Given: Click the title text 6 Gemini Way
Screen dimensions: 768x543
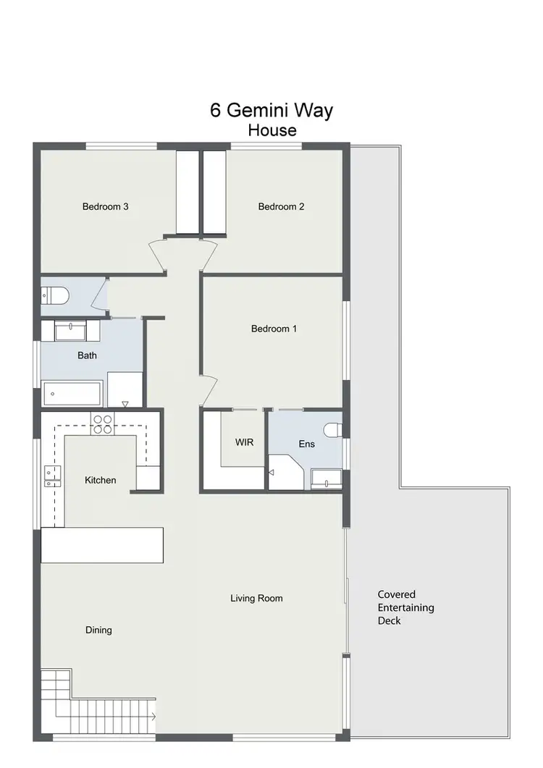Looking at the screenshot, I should (271, 110).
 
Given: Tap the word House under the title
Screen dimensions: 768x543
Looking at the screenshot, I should (272, 130).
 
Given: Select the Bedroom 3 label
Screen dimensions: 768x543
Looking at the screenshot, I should (106, 206).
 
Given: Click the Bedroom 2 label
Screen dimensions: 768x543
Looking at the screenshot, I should (281, 206).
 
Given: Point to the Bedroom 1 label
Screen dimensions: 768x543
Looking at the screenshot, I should (274, 329).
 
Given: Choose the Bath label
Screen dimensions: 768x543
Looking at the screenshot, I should (87, 355).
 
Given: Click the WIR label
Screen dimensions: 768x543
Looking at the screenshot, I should (244, 442).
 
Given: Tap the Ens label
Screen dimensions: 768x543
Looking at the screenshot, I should (306, 444).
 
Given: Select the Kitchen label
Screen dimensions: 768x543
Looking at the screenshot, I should (100, 480).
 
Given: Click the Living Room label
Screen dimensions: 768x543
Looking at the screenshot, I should (256, 598).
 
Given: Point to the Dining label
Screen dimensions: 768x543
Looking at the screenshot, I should (98, 630).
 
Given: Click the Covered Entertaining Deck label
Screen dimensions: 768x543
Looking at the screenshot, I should (405, 607).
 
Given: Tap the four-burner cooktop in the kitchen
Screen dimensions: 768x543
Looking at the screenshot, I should (101, 423).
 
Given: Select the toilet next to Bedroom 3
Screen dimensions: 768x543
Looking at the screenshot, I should (55, 296).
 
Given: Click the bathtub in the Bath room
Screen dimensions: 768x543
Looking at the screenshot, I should (72, 394).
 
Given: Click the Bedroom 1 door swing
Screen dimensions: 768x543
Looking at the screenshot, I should (208, 391).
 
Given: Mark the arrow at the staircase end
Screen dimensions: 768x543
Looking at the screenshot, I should (153, 717).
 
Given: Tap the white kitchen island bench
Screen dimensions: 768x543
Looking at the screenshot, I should (102, 544).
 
